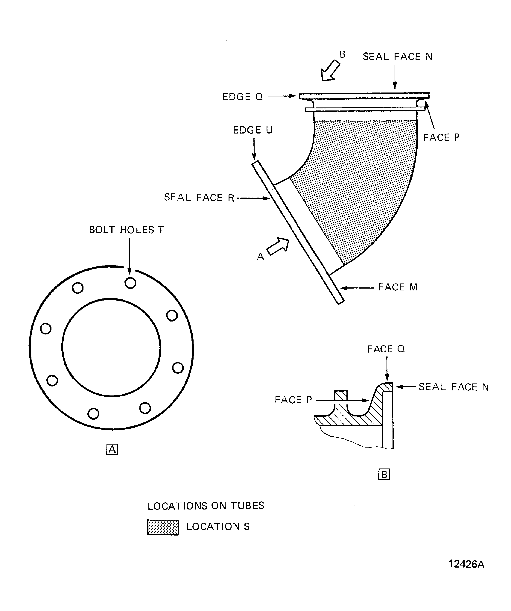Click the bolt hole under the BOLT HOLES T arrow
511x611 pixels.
[130, 283]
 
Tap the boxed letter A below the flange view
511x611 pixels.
[112, 450]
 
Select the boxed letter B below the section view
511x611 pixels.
[384, 474]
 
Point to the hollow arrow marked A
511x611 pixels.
[278, 246]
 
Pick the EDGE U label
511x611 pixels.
[253, 130]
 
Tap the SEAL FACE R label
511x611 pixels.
[199, 198]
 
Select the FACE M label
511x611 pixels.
[398, 287]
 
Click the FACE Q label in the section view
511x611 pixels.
[386, 349]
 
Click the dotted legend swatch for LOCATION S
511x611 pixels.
[163, 527]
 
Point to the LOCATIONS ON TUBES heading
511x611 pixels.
[206, 506]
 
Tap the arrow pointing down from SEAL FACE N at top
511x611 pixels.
[395, 77]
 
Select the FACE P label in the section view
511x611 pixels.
[293, 400]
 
